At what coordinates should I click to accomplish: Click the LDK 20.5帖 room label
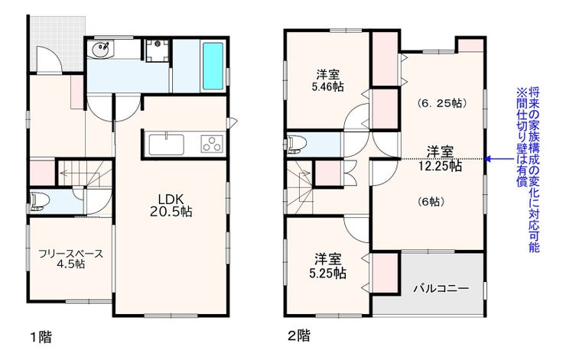[171, 206]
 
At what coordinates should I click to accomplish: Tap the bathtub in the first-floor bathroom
[213, 66]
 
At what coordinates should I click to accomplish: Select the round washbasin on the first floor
[100, 49]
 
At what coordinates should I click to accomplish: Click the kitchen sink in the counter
[167, 144]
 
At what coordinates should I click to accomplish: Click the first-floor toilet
[38, 201]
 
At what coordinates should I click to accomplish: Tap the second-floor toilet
[296, 144]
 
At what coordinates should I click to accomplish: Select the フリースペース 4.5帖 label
[70, 258]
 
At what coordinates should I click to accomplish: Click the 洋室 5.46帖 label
[328, 81]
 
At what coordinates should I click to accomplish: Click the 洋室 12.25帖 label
[440, 159]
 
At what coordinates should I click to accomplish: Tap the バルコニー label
[441, 289]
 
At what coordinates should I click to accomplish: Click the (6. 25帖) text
[442, 103]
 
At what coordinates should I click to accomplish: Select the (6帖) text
[431, 202]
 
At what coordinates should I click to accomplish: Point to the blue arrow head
[488, 159]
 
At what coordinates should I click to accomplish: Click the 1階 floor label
[41, 337]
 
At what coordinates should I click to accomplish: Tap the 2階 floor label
[299, 336]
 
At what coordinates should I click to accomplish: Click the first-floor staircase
[85, 174]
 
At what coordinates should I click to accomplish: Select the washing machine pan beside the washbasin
[157, 51]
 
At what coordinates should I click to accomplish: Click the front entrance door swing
[50, 60]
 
